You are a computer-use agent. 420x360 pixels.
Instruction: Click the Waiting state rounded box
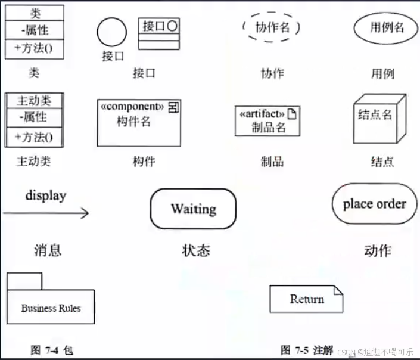click(x=193, y=209)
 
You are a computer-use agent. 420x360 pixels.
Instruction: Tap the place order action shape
click(x=374, y=204)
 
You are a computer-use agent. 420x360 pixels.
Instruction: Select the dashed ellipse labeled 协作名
click(x=271, y=27)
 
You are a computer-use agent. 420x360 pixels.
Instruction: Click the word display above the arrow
click(x=46, y=195)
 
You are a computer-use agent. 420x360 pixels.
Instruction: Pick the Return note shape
click(x=307, y=299)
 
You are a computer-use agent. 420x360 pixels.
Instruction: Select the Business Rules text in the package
click(x=51, y=308)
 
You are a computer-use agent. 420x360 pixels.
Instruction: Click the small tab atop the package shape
click(x=24, y=281)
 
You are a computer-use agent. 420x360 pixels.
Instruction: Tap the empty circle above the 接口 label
click(x=112, y=32)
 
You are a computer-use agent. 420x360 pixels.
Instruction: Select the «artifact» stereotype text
click(x=262, y=114)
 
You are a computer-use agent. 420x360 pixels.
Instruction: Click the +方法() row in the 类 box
click(x=34, y=48)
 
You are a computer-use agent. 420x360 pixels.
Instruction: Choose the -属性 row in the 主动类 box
click(x=34, y=117)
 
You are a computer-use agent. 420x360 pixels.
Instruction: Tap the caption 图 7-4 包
click(x=52, y=349)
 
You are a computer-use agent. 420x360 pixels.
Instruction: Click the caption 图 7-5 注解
click(x=307, y=349)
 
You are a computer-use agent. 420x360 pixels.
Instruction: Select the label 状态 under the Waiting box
click(x=196, y=250)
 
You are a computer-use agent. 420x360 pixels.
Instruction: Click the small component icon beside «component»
click(x=174, y=107)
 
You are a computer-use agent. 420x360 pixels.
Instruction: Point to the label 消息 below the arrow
click(x=48, y=250)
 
